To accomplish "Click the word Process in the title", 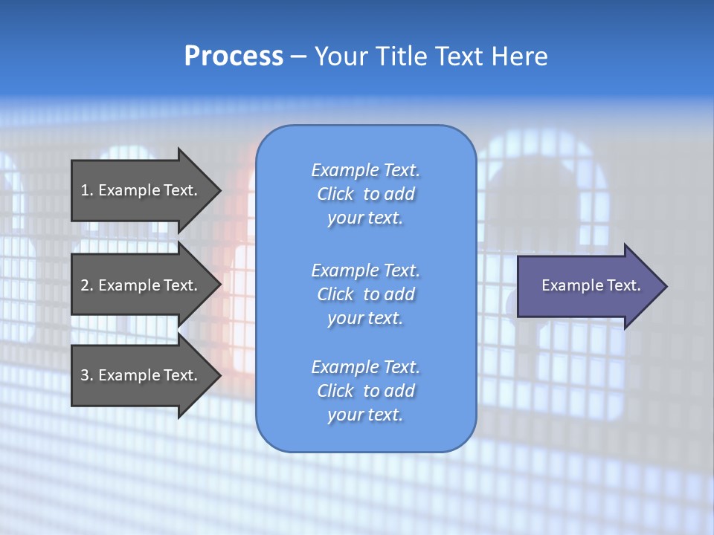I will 234,56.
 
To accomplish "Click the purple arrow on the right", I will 588,286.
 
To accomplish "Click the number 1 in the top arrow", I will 85,190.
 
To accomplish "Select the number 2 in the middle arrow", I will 85,285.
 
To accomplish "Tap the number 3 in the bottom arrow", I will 85,375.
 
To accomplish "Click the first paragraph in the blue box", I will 365,194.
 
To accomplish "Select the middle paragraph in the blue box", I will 365,294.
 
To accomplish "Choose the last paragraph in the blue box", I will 365,391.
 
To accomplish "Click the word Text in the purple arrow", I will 624,285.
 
